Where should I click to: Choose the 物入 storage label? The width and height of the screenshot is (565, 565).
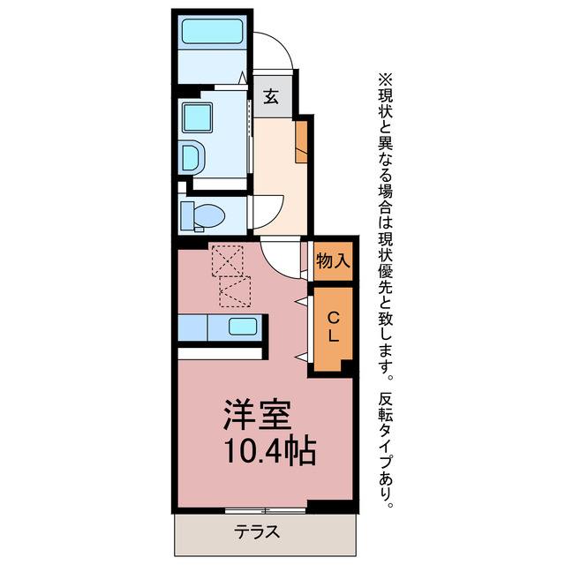(x=334, y=260)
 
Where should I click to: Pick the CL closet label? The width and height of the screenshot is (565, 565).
(x=332, y=327)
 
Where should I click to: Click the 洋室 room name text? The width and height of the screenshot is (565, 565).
(x=257, y=413)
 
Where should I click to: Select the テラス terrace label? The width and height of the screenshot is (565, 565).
(x=257, y=532)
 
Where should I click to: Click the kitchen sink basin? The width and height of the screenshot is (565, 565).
(x=244, y=327)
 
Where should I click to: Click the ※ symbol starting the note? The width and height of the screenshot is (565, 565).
(x=385, y=78)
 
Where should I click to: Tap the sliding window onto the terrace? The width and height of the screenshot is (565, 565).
(x=265, y=510)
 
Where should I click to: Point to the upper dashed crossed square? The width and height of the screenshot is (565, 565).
(x=228, y=260)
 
